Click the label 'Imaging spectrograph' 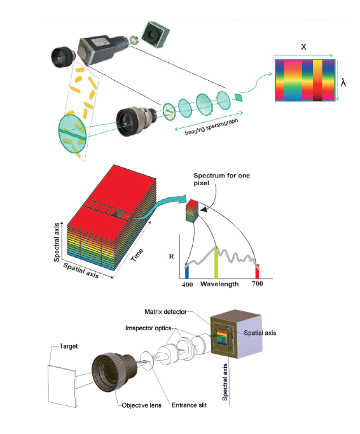coord(211,127)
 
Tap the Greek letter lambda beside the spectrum coord(343,83)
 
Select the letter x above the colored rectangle coord(303,46)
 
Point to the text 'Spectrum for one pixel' coord(221,179)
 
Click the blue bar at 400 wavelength coord(187,270)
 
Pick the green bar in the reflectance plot coord(216,262)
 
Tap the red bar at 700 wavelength coord(257,271)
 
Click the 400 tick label coord(188,284)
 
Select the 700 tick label coord(258,284)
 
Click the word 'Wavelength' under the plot coord(219,284)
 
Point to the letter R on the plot coord(172,256)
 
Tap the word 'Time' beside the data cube coord(137,255)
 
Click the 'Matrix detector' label coord(165,312)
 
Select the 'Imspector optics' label coord(148,328)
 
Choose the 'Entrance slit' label coord(190,405)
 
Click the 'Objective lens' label coord(142,405)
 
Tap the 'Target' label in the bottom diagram coord(69,346)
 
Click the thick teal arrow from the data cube coord(163,207)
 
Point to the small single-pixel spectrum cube coord(192,211)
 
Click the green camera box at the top coord(155,34)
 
